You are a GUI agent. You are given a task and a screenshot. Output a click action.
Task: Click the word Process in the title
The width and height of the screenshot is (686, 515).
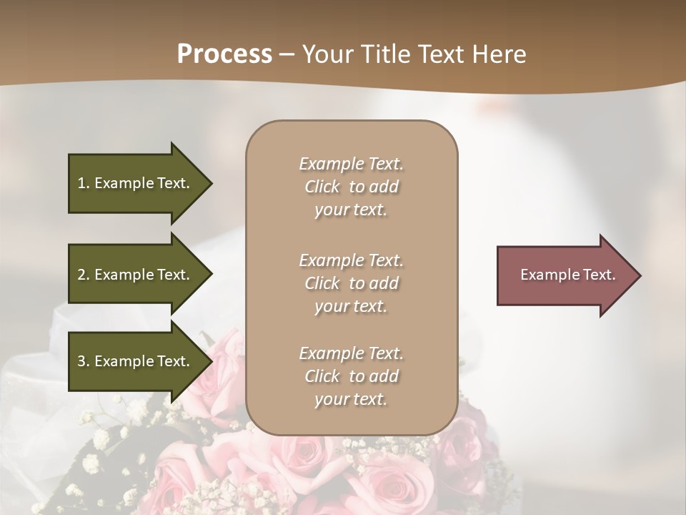(224, 54)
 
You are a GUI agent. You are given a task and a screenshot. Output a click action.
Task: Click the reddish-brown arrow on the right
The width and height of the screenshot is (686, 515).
(565, 275)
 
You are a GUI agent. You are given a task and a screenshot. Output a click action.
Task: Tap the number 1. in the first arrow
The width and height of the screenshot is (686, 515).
(84, 183)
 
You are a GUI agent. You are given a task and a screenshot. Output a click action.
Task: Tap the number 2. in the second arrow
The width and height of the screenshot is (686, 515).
(84, 275)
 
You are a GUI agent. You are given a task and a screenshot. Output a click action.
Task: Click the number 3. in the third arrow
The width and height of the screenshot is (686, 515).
(84, 361)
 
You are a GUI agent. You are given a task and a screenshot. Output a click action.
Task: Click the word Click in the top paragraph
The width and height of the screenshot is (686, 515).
(322, 187)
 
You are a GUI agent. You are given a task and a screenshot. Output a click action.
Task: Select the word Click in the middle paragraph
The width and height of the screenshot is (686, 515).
(322, 283)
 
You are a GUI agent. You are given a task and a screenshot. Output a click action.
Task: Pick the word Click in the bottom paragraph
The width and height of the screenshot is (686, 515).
(322, 376)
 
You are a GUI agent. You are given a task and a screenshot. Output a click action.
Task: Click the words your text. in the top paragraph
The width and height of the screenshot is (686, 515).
(351, 210)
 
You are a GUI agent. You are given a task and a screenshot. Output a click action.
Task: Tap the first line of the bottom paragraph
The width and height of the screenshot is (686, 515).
(351, 353)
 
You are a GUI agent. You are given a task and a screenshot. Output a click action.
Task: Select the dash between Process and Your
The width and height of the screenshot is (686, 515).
(287, 55)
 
